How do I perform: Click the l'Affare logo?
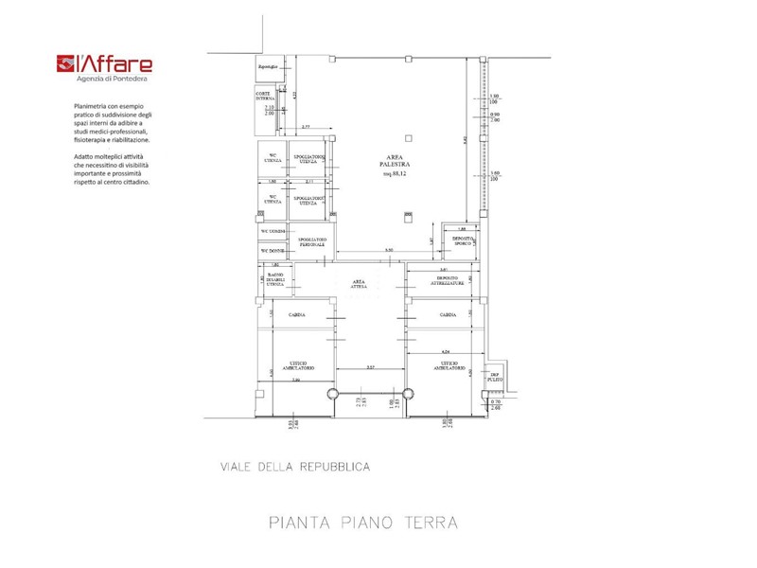pos(104,65)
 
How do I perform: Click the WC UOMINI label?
pos(273,231)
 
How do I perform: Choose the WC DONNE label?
pos(273,250)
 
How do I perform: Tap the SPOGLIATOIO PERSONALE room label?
pos(312,242)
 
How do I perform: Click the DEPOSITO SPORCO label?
pos(462,241)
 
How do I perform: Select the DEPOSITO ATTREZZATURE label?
pos(448,281)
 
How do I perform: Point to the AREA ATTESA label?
pos(359,284)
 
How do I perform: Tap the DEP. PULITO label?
pos(494,377)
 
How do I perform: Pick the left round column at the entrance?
pos(330,395)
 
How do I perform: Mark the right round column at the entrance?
pos(410,395)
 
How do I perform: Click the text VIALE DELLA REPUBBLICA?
pos(294,467)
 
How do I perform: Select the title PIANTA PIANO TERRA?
pos(363,523)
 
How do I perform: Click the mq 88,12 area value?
pos(394,174)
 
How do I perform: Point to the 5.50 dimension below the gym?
pos(388,250)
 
